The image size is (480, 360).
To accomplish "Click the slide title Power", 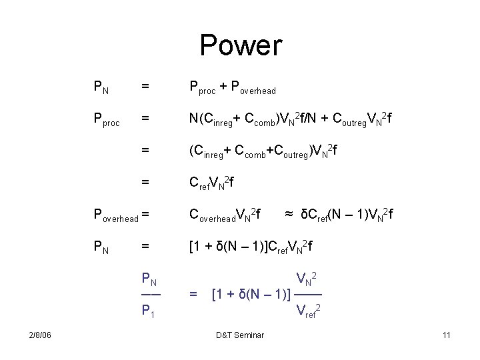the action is pyautogui.click(x=241, y=46).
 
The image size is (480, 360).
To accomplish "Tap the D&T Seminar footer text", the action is pyautogui.click(x=240, y=335).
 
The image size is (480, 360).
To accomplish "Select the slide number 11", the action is pyautogui.click(x=446, y=335).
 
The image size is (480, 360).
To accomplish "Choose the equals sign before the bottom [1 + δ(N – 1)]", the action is pyautogui.click(x=193, y=293).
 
